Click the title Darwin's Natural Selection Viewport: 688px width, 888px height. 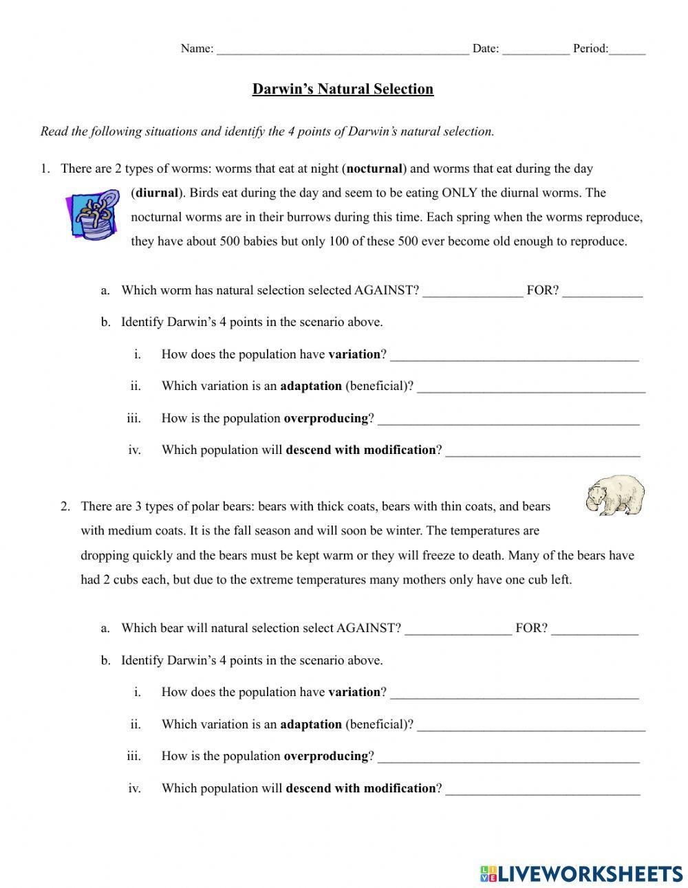click(343, 89)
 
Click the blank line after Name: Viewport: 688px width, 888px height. click(343, 50)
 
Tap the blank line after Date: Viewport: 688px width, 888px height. click(535, 50)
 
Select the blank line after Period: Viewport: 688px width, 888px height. click(627, 50)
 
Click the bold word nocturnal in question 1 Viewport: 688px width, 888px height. click(375, 169)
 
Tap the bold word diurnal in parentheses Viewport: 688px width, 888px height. click(157, 193)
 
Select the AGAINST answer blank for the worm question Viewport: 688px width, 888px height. click(473, 292)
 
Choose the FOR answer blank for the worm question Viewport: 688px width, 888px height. click(602, 292)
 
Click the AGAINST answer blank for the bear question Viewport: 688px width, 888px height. click(458, 629)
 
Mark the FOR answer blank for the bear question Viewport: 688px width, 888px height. click(594, 629)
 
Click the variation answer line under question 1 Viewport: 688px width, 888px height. click(514, 356)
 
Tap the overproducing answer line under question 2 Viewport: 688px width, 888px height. click(508, 758)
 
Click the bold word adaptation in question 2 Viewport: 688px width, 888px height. click(311, 724)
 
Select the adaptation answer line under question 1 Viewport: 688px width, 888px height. click(531, 388)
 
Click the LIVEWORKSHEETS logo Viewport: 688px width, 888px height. click(581, 873)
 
